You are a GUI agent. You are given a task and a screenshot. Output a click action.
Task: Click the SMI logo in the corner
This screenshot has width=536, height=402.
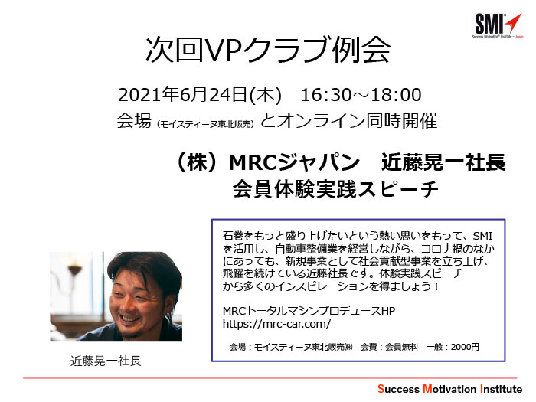click(498, 25)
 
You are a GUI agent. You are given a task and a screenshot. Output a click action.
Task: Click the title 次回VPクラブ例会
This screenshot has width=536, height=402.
click(268, 50)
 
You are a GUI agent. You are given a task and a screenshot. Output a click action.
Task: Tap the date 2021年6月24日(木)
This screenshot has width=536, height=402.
click(200, 95)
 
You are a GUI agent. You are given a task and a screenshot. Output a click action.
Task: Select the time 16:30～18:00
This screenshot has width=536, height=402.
click(361, 95)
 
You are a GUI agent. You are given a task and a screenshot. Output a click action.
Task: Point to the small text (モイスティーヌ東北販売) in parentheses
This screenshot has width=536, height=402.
click(205, 124)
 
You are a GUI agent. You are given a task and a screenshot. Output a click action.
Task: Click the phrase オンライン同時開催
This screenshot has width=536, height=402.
click(358, 121)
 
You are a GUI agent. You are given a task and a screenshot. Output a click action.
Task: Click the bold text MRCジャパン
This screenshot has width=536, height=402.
click(294, 162)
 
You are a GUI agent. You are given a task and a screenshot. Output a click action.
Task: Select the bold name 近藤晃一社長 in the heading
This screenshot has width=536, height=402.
click(443, 162)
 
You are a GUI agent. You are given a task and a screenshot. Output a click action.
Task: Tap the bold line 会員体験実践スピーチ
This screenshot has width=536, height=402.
click(335, 189)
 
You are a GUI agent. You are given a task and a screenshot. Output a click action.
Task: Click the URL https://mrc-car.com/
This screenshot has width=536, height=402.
click(276, 323)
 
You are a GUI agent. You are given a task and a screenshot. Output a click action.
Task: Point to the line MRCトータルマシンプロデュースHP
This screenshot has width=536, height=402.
click(309, 311)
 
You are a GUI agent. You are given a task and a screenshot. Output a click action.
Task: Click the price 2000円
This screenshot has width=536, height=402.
click(465, 347)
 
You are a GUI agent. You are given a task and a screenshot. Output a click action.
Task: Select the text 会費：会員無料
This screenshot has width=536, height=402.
click(389, 347)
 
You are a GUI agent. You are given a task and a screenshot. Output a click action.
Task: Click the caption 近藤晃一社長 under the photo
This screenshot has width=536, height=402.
click(106, 361)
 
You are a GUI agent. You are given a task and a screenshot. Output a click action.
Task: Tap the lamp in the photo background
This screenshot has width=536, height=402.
click(74, 273)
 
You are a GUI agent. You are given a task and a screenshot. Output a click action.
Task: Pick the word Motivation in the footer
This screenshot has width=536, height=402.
click(449, 389)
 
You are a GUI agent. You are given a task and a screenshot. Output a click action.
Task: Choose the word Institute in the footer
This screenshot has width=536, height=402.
click(501, 389)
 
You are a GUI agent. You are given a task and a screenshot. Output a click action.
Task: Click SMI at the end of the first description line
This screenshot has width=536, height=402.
click(482, 236)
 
